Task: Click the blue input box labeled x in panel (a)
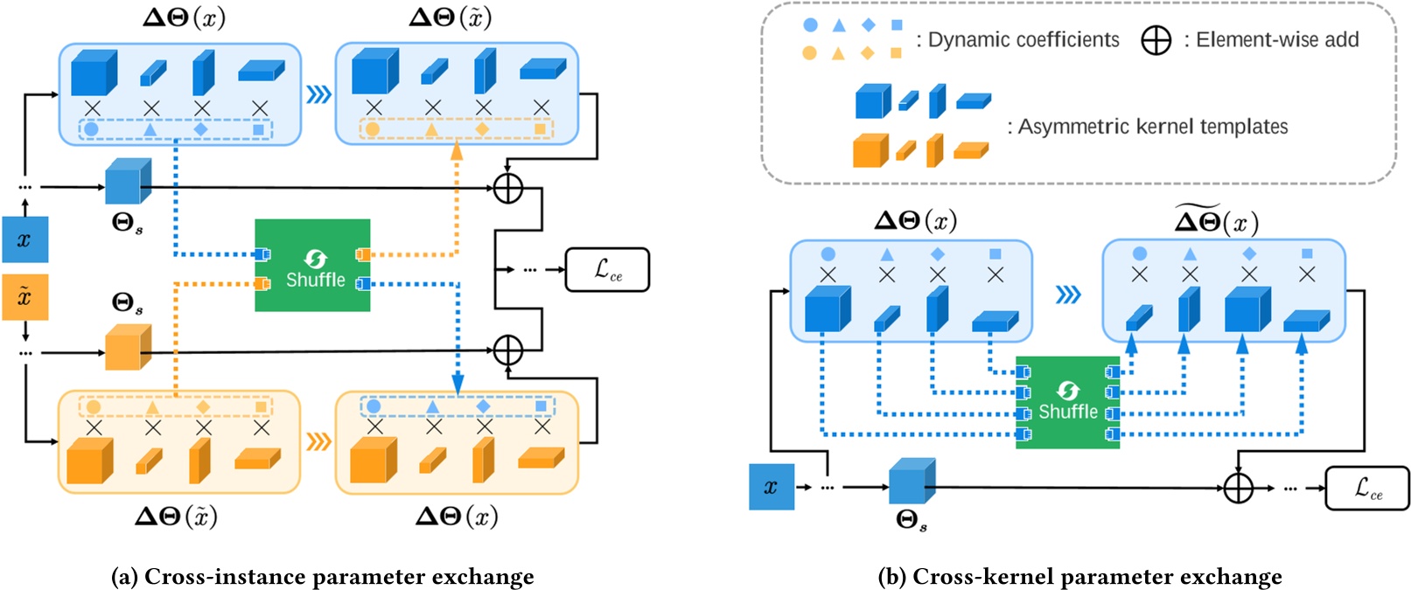[24, 239]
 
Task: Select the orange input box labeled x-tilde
[24, 297]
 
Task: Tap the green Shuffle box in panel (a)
[312, 265]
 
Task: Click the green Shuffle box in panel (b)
[1067, 403]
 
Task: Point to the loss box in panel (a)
[607, 269]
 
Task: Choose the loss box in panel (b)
[1367, 488]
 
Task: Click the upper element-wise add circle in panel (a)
[508, 187]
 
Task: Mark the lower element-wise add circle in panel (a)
[508, 351]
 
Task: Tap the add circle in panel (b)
[1238, 488]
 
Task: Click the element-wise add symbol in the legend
[1156, 40]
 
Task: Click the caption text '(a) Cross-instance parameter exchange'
[323, 577]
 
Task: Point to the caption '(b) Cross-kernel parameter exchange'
[1079, 577]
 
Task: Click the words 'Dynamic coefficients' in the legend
[1023, 40]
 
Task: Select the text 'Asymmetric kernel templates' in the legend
[1152, 127]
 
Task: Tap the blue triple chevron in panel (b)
[1068, 295]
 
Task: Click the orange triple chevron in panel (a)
[318, 441]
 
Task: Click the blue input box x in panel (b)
[772, 487]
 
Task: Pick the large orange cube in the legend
[870, 150]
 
